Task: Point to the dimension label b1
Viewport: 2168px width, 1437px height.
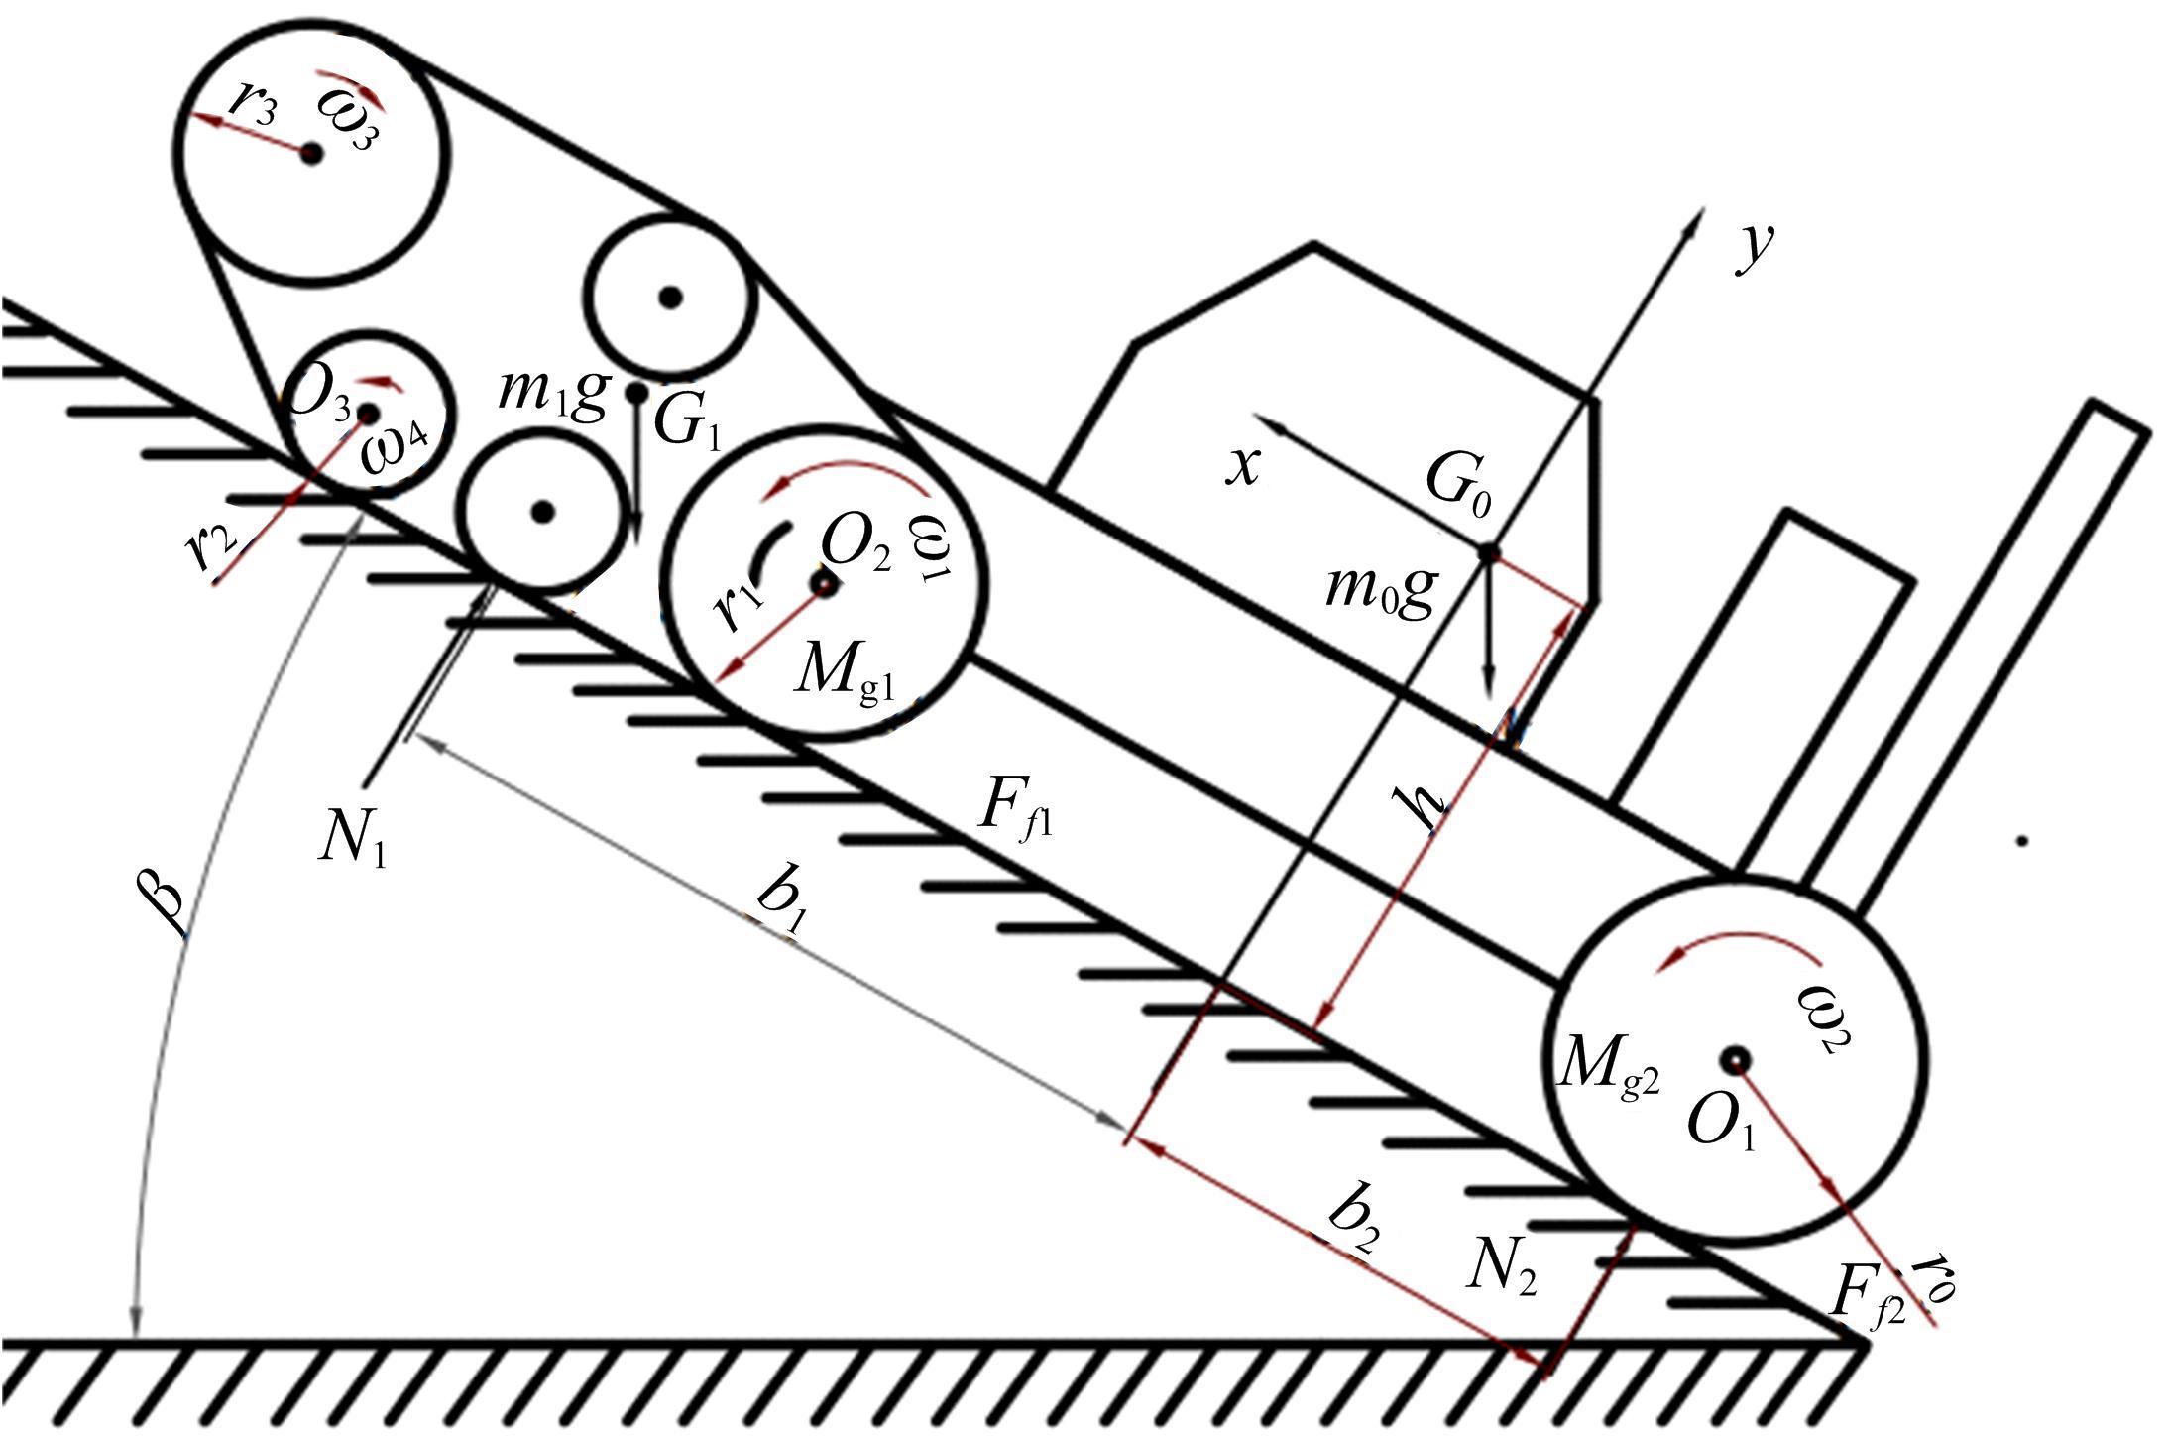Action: coord(782,903)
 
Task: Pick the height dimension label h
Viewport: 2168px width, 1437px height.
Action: coord(1425,806)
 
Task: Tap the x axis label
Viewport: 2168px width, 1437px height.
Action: coord(1243,465)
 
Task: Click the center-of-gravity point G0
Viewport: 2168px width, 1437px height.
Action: coord(1489,552)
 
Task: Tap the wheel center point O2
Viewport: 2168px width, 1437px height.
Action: coord(824,585)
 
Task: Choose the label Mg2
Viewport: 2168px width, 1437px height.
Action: coord(1607,1067)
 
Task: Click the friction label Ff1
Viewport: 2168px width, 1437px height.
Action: coord(1014,807)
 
